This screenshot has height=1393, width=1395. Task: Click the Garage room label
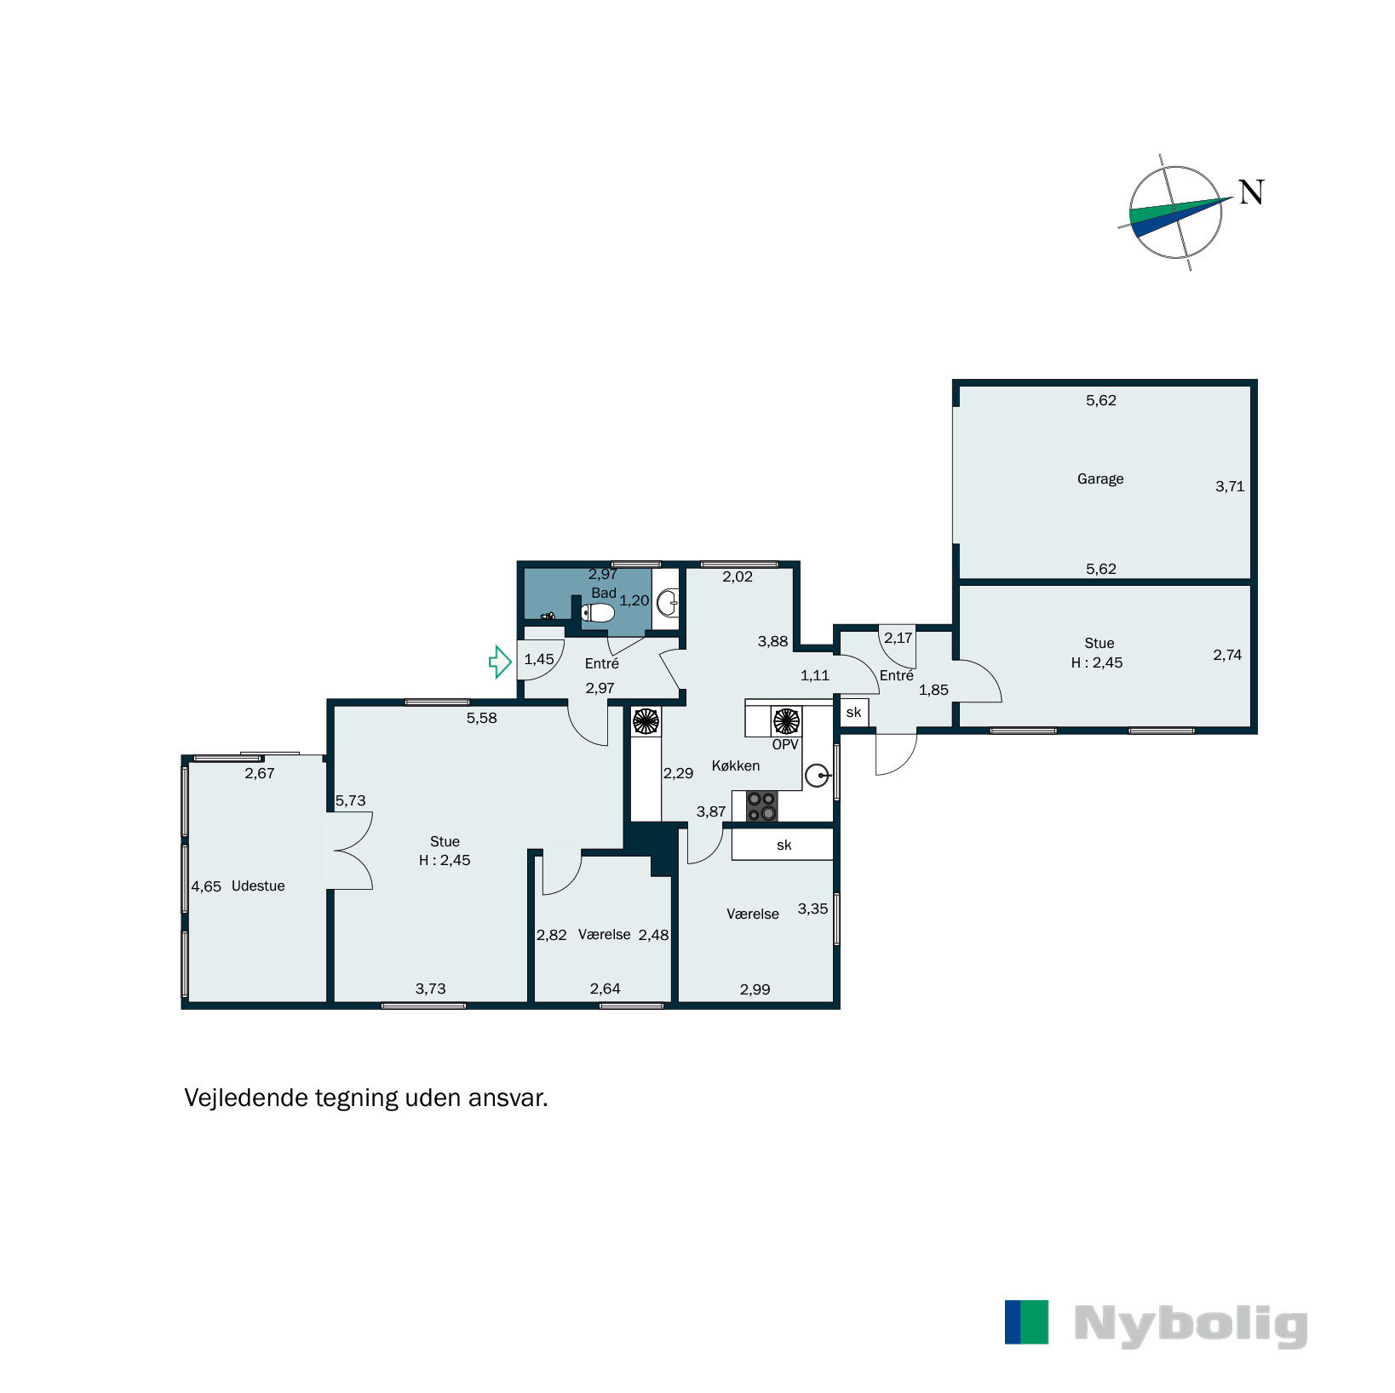[x=1099, y=479]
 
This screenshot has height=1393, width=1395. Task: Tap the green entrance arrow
[x=499, y=662]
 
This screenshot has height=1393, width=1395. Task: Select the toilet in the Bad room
[x=599, y=612]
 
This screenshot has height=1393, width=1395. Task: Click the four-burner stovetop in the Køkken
[x=761, y=805]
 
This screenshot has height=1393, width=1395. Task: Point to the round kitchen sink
[x=817, y=776]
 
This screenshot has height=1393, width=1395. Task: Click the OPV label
[x=784, y=744]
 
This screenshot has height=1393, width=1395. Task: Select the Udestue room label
[x=258, y=886]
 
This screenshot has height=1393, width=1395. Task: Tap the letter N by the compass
[x=1250, y=192]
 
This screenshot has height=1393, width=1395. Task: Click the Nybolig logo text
[x=1190, y=1325]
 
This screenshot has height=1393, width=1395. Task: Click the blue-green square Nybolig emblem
[x=1026, y=1321]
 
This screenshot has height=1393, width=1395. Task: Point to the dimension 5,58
[x=481, y=718]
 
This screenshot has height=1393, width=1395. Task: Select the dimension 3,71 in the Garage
[x=1229, y=486]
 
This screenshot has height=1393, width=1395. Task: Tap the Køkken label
[x=735, y=765]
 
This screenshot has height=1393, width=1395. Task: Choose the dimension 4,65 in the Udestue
[x=206, y=886]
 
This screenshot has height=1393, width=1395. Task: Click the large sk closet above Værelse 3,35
[x=783, y=845]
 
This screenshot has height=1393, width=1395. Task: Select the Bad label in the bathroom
[x=603, y=593]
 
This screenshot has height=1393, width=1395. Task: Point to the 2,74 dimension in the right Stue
[x=1226, y=655]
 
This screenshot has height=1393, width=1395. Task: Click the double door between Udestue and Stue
[x=351, y=851]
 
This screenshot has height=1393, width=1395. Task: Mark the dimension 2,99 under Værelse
[x=755, y=989]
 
